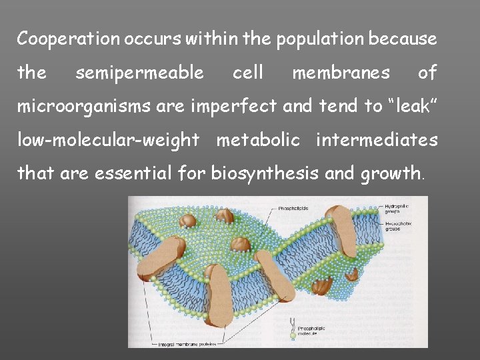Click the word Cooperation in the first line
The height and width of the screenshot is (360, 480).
63,39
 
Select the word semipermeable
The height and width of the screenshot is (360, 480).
140,72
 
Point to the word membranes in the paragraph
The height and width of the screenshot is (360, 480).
341,72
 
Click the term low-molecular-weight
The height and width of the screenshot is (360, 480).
108,140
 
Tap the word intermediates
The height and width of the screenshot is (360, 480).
377,140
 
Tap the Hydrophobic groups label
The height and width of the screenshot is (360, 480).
399,225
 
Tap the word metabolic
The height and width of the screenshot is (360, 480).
257,140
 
